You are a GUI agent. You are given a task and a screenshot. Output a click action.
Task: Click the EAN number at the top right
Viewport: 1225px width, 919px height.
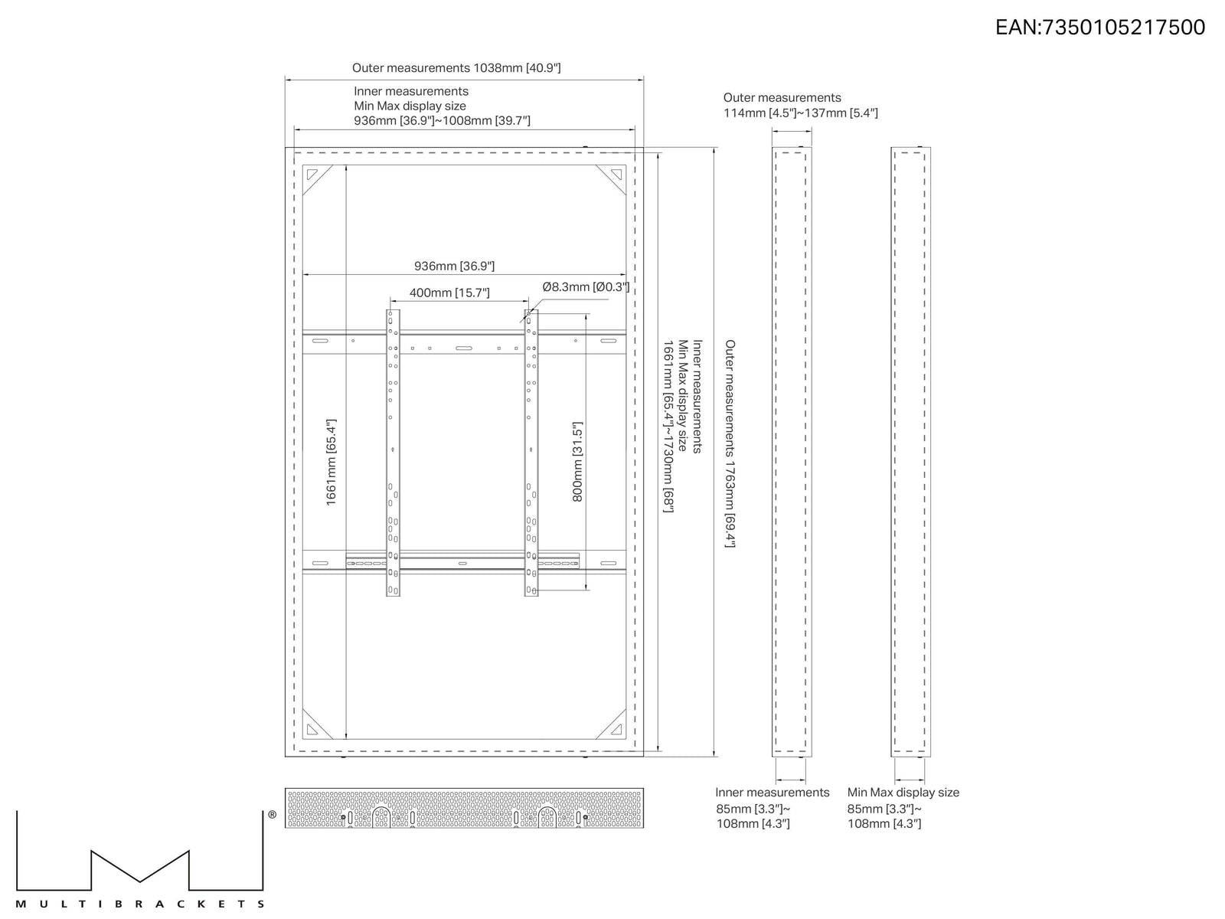coord(1100,28)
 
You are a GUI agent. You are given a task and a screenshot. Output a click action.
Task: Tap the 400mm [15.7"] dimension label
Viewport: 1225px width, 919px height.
coord(449,293)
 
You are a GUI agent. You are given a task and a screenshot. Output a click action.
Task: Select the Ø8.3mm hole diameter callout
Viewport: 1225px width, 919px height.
coord(586,286)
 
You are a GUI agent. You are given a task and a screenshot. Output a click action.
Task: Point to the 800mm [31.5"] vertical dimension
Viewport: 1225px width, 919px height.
coord(577,462)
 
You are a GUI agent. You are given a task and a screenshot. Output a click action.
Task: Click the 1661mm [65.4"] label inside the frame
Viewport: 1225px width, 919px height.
coord(331,463)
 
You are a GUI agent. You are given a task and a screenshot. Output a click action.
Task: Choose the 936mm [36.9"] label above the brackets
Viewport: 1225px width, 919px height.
coord(454,267)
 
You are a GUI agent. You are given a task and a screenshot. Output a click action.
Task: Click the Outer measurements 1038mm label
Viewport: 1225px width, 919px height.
coord(456,68)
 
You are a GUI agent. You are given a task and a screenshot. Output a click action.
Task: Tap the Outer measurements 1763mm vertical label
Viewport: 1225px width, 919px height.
coord(730,443)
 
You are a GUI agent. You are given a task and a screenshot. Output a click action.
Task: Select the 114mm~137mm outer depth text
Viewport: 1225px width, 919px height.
coord(800,113)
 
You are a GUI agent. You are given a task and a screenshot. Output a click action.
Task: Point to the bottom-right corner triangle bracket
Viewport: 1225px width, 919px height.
coord(611,724)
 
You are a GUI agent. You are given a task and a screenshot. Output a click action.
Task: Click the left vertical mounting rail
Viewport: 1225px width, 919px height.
coord(393,453)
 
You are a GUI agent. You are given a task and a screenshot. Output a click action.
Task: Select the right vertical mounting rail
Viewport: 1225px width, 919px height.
coord(531,453)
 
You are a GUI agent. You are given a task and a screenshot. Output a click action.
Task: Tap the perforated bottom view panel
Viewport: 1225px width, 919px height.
coord(464,808)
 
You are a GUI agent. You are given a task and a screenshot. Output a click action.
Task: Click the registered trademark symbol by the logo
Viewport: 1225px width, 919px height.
coord(273,815)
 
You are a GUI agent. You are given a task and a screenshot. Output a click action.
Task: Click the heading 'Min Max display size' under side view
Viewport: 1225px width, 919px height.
coord(903,793)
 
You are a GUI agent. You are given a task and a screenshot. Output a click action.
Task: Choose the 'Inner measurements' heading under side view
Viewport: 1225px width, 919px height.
coord(773,793)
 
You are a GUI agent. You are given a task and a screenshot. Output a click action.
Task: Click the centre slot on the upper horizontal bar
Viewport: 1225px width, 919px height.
coord(464,348)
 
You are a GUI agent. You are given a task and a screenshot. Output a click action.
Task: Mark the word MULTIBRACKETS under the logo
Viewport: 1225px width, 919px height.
coord(139,904)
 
